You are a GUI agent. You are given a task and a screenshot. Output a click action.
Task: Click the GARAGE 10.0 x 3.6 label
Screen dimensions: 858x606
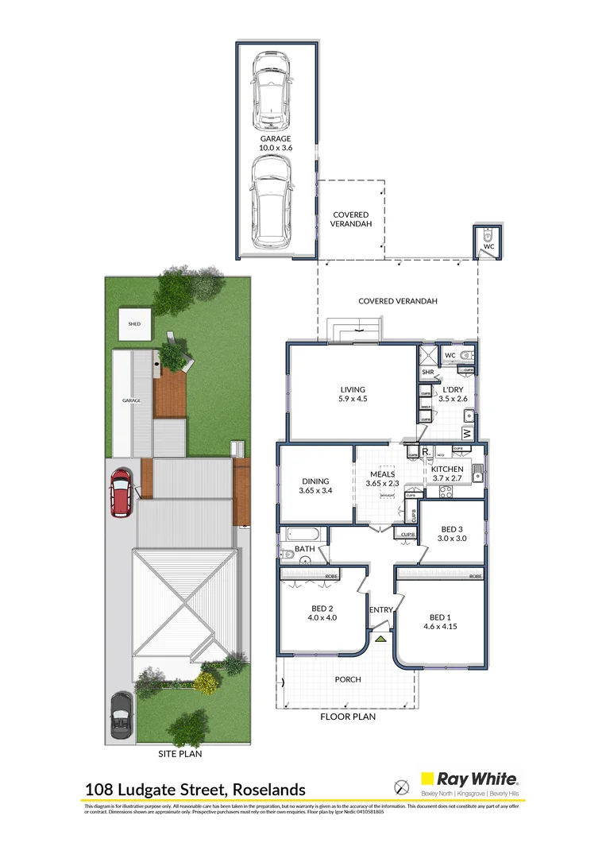click(275, 143)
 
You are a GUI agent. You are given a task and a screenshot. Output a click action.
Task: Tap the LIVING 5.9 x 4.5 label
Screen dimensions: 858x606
click(353, 394)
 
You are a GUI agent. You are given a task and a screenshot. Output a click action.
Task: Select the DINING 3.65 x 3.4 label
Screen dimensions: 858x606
click(315, 486)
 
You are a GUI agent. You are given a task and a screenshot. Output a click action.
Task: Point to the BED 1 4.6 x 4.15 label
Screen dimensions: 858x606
click(438, 622)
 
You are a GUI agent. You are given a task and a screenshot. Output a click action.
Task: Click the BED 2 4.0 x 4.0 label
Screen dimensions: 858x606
click(322, 616)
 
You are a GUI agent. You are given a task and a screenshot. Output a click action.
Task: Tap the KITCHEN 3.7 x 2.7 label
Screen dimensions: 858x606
click(446, 474)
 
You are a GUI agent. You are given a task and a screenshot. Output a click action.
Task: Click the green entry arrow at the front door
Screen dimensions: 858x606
click(380, 638)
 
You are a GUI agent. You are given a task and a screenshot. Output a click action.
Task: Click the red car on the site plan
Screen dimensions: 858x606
click(121, 493)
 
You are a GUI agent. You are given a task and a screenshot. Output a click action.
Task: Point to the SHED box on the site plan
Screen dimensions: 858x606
click(134, 324)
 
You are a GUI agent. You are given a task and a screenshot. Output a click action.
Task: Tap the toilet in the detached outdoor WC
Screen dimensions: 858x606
click(488, 237)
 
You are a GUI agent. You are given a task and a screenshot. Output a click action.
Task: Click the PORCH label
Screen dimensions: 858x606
click(348, 679)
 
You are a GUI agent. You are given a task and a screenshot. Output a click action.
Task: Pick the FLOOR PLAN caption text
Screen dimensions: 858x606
click(348, 716)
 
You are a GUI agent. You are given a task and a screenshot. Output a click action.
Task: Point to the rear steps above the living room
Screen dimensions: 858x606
click(354, 328)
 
